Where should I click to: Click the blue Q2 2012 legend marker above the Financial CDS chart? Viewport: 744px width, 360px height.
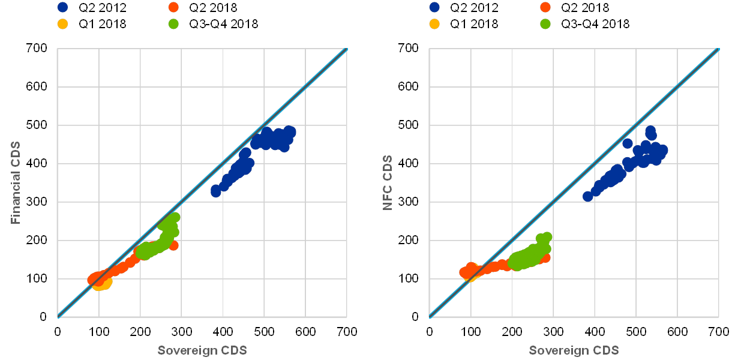point(62,8)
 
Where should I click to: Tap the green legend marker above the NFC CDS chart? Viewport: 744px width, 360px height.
point(545,24)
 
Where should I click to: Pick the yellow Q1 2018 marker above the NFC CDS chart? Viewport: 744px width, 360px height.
point(434,24)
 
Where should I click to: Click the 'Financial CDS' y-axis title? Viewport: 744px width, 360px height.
point(16,182)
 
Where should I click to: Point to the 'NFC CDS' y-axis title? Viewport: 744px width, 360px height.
point(388,182)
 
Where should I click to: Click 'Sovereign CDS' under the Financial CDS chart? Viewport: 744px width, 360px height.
point(202,350)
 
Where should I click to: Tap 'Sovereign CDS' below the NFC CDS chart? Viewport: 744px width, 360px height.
point(574,350)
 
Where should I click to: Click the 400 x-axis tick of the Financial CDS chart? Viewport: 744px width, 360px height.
point(223,331)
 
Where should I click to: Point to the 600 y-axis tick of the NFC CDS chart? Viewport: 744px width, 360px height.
point(410,88)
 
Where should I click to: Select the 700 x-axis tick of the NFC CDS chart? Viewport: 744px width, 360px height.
point(719,331)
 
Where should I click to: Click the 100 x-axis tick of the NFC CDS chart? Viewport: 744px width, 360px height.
point(471,331)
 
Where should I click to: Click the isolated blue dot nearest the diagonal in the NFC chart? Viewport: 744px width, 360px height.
point(628,143)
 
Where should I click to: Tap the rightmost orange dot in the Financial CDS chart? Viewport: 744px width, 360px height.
point(174,245)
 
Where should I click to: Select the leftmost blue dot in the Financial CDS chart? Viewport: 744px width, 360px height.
point(216,191)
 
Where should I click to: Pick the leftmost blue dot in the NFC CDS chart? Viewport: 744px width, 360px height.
point(588,196)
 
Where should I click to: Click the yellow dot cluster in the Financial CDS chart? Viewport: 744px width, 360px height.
point(102,284)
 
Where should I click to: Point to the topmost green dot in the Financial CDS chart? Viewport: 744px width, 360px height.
point(175,217)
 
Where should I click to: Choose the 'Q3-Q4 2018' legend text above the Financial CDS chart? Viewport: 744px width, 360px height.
point(223,24)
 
